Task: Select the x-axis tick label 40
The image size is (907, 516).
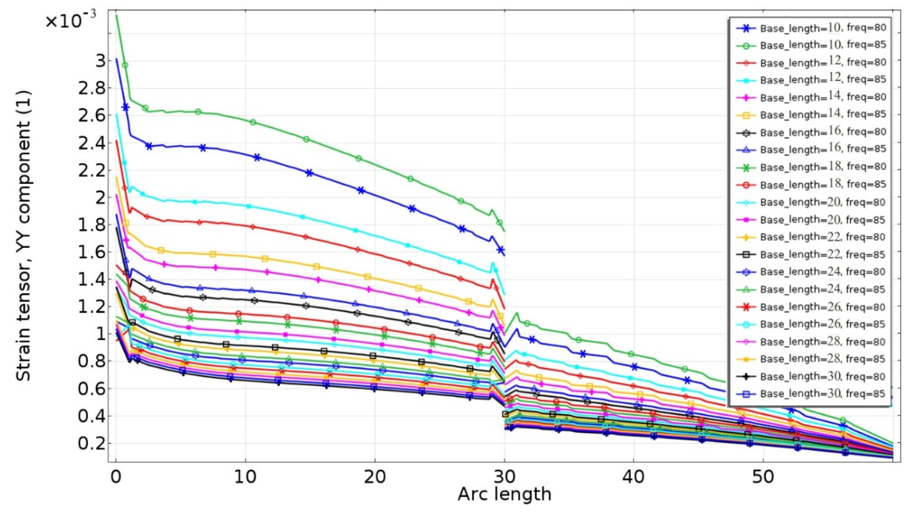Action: [633, 477]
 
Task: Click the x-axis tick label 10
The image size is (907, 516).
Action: [246, 477]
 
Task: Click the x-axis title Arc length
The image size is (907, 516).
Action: [504, 494]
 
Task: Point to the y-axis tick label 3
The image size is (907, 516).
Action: [101, 61]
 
